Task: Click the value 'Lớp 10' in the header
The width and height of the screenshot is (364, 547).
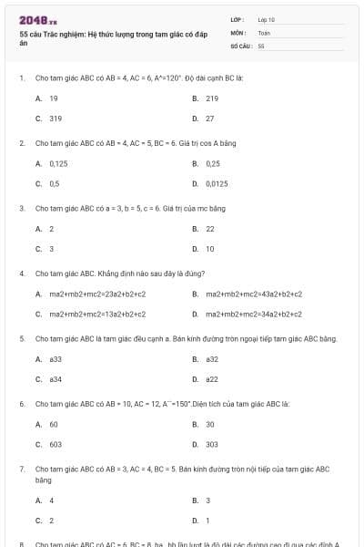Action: (x=266, y=19)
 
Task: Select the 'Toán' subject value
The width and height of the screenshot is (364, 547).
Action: (x=264, y=32)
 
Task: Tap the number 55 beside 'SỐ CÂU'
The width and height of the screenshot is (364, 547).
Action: (x=261, y=45)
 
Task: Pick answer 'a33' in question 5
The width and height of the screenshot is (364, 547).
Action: (x=56, y=359)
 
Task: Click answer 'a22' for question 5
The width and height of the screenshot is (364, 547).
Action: (x=211, y=379)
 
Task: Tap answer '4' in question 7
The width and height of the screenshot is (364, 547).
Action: (x=51, y=501)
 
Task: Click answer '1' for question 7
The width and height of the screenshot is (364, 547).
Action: (x=207, y=521)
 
